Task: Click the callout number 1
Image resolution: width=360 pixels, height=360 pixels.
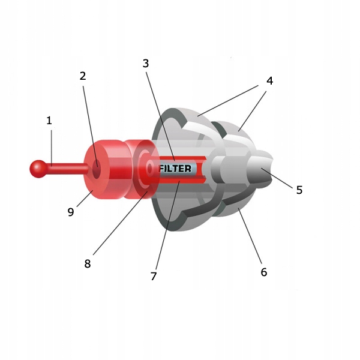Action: click(49, 121)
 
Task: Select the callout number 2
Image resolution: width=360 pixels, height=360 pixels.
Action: click(83, 76)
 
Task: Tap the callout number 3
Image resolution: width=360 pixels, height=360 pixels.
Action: click(146, 62)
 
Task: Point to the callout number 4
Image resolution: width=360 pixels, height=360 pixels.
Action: click(270, 80)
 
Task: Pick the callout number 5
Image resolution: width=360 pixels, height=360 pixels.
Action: click(299, 190)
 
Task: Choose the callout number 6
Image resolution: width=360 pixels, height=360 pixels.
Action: click(263, 272)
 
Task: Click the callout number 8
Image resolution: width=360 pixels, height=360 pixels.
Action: click(88, 263)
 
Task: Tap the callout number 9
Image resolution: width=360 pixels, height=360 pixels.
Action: click(71, 212)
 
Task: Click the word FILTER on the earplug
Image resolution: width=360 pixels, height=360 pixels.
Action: click(175, 169)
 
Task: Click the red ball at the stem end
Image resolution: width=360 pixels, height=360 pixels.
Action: click(38, 169)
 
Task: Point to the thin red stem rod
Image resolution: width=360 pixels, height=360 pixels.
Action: click(66, 168)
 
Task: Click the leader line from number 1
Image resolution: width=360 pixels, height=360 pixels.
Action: click(51, 144)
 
